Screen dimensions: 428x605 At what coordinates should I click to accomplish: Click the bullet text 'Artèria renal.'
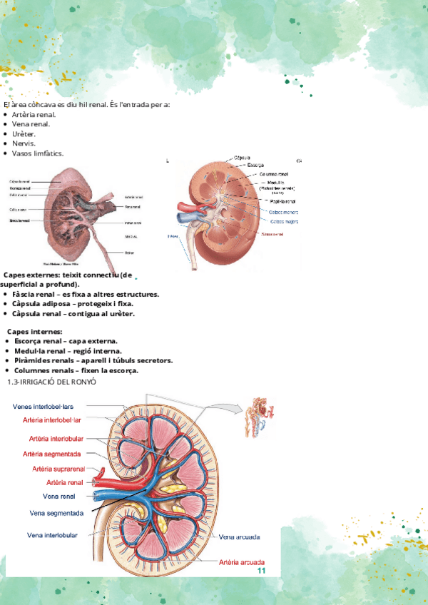pos(34,114)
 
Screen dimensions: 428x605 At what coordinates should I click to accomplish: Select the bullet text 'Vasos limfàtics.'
pos(38,153)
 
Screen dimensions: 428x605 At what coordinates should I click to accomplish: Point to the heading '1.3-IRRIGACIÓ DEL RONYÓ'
pos(51,383)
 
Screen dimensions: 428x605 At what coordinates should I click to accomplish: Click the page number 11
pos(261,571)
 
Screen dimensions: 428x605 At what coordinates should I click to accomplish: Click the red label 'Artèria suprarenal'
pos(58,469)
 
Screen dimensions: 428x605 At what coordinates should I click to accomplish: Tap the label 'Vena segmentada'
pos(57,512)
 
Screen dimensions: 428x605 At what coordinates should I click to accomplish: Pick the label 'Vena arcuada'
pos(239,537)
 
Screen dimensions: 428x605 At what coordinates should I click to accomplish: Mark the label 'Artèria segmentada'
pos(51,453)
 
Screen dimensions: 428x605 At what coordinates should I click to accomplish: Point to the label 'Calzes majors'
pos(285,221)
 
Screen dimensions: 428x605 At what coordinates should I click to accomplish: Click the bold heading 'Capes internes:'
pos(36,332)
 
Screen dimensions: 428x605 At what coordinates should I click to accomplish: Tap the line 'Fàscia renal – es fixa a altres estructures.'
pos(86,294)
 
